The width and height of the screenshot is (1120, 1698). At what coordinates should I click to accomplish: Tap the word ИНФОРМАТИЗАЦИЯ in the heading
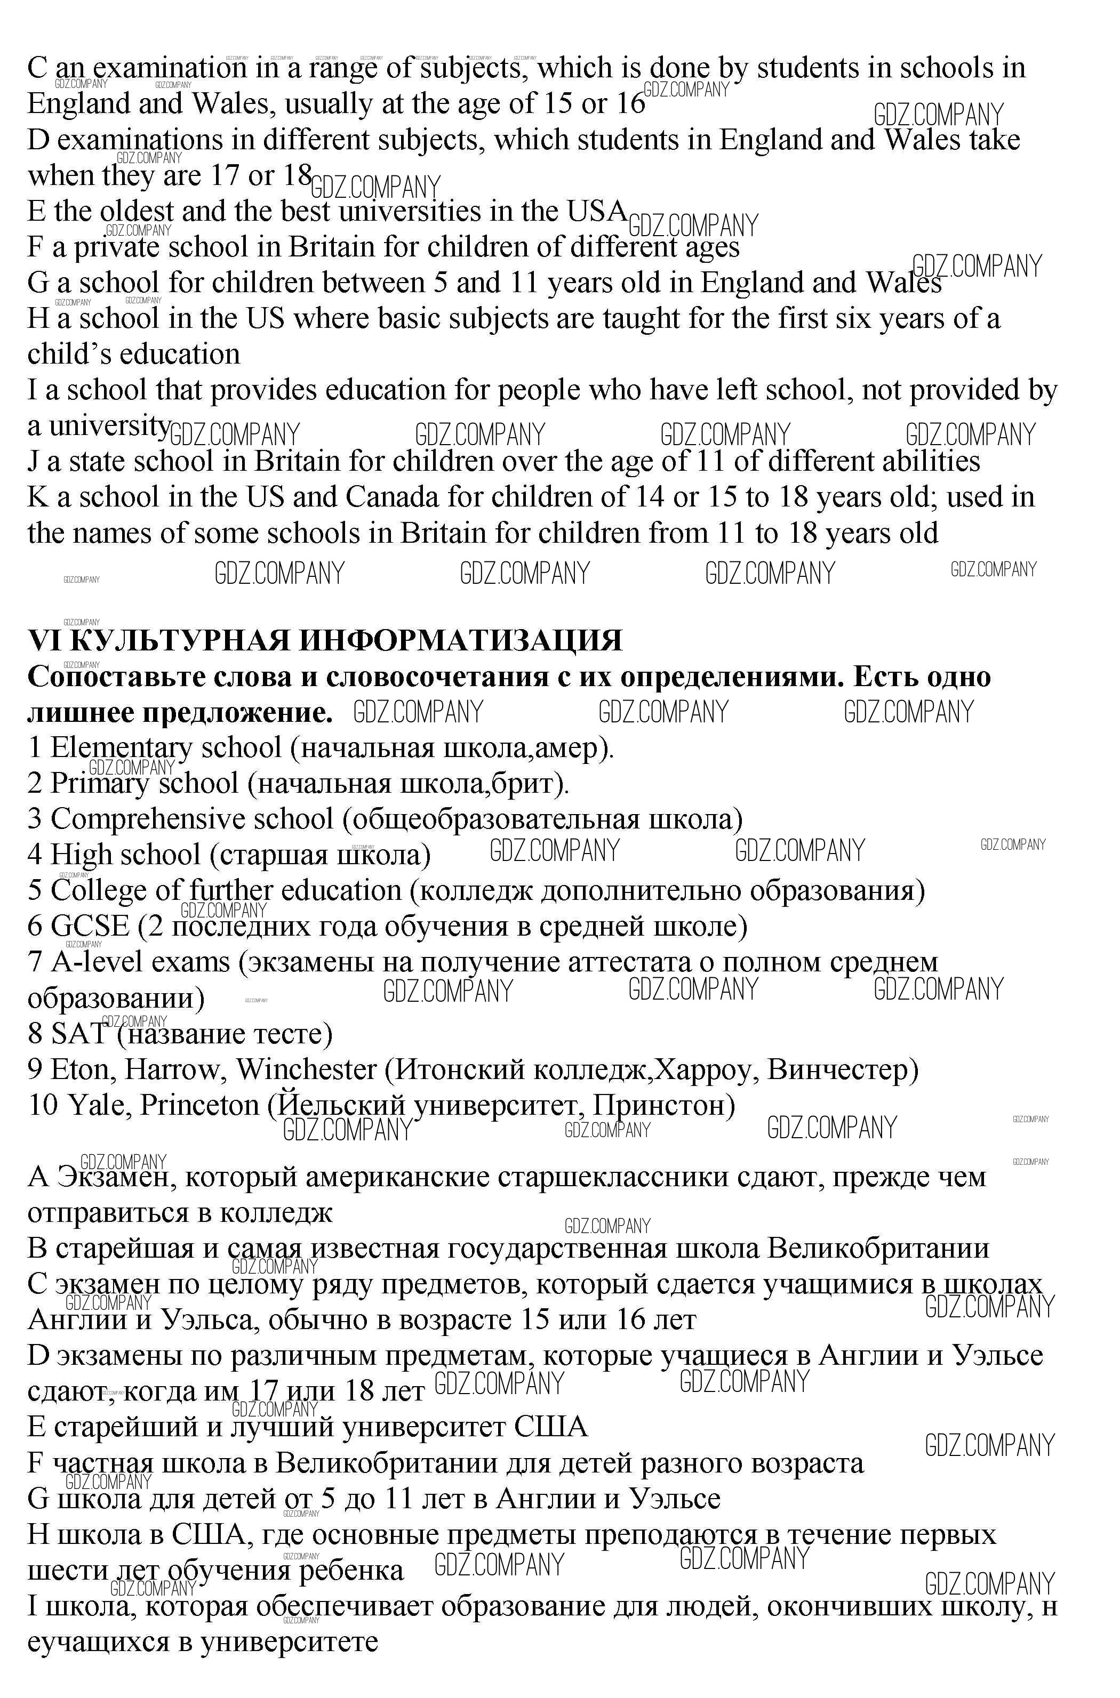[460, 640]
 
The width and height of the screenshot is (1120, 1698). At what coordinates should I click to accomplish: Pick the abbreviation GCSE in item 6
[90, 926]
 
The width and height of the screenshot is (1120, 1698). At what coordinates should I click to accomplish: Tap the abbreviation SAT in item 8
[78, 1033]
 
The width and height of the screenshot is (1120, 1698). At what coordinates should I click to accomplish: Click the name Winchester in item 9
[307, 1069]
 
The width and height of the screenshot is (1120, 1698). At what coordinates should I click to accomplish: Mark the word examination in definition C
[170, 69]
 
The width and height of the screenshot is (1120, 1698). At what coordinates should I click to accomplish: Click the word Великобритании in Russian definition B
[878, 1248]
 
